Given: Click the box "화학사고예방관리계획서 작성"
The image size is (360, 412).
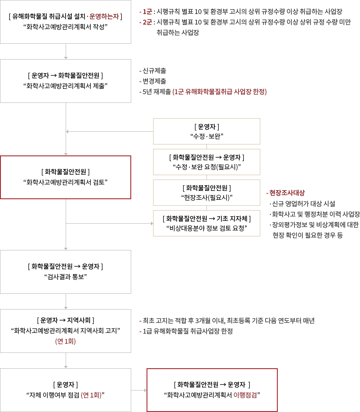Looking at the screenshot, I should [66, 22].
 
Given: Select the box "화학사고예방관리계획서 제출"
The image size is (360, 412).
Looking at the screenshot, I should [66, 81].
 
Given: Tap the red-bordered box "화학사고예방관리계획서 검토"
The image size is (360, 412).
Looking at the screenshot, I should [66, 177].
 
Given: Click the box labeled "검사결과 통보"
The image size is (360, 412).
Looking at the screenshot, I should [66, 271].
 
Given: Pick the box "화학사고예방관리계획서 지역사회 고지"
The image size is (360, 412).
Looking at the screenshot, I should [66, 331].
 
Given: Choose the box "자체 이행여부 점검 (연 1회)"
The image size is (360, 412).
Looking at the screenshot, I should [66, 390].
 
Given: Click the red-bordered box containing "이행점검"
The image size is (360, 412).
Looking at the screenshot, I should [212, 390].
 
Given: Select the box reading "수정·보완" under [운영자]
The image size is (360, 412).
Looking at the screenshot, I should [206, 131].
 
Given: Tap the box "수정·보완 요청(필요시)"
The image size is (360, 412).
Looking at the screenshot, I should [206, 162].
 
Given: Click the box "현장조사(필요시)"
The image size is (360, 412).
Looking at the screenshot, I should [206, 192].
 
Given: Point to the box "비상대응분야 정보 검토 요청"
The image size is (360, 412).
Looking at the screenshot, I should [206, 223].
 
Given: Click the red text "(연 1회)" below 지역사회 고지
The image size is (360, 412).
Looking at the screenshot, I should [66, 342].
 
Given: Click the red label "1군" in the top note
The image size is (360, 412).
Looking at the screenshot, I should [147, 12].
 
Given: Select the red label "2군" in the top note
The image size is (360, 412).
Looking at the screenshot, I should [147, 22].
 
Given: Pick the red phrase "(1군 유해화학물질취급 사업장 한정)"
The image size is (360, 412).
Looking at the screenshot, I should [219, 92].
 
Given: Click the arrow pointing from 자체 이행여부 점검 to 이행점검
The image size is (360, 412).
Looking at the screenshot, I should [139, 390].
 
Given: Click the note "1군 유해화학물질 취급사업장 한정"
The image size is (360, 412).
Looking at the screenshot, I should [188, 331].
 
